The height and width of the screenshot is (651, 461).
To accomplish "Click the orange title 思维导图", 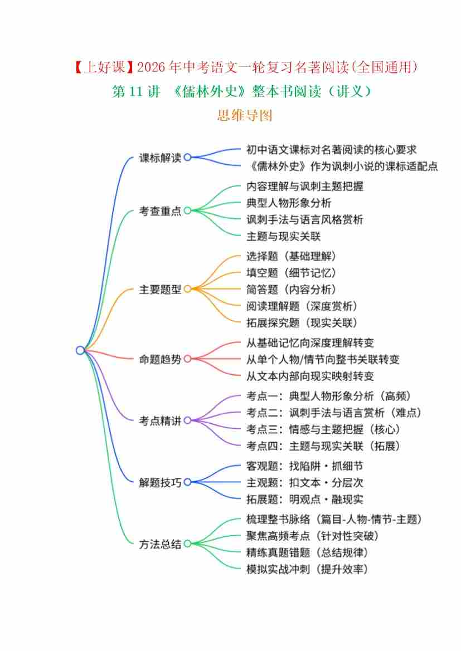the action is [x=244, y=115].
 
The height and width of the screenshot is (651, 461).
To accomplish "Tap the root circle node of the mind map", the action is [x=80, y=350].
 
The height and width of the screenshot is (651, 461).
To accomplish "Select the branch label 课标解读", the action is [x=160, y=158].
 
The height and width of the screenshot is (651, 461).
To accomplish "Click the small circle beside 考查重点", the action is [x=187, y=211].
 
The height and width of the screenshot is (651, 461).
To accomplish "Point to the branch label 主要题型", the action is [x=160, y=290].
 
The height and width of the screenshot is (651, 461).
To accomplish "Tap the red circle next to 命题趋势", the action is [x=187, y=359].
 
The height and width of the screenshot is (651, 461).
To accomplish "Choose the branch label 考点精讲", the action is [x=160, y=421].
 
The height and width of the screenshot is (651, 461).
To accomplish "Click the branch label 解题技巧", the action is [x=160, y=482].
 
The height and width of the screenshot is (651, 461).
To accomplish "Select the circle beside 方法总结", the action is [x=187, y=544].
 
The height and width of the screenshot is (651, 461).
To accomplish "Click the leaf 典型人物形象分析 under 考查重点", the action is [x=289, y=203].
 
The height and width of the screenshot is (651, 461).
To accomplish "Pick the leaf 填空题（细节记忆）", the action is [x=291, y=273].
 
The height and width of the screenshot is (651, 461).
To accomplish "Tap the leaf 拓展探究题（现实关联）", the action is [x=302, y=322].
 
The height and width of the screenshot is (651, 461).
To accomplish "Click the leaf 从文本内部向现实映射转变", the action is [x=310, y=376].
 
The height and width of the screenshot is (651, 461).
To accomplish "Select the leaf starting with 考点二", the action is [x=334, y=413].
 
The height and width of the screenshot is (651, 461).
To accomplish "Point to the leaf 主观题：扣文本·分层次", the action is [x=305, y=482].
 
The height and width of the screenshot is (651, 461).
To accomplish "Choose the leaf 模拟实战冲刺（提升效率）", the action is [x=307, y=569].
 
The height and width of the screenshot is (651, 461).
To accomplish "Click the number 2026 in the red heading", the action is [x=151, y=67].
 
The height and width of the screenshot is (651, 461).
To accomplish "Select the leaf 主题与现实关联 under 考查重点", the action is [x=284, y=236].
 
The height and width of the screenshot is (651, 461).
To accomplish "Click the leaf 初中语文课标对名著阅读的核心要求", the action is [x=331, y=149].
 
